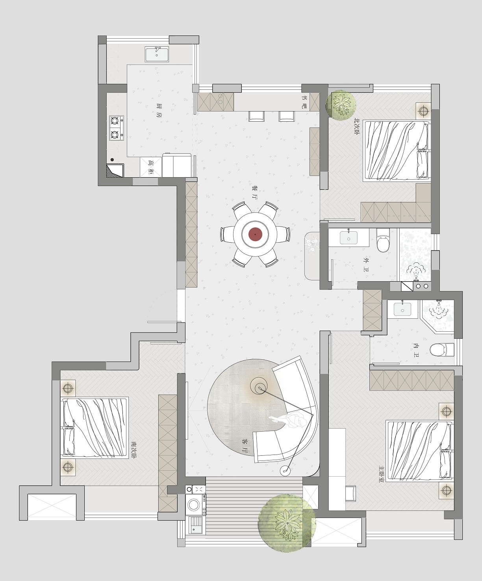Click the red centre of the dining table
point(255,234)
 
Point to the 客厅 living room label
point(245,446)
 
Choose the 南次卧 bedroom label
point(134,450)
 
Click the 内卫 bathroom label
point(416,350)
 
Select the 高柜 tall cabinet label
point(150,167)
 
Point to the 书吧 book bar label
point(305,101)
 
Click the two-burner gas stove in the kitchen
point(117,128)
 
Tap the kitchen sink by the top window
point(157,54)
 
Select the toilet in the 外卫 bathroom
point(383,240)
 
